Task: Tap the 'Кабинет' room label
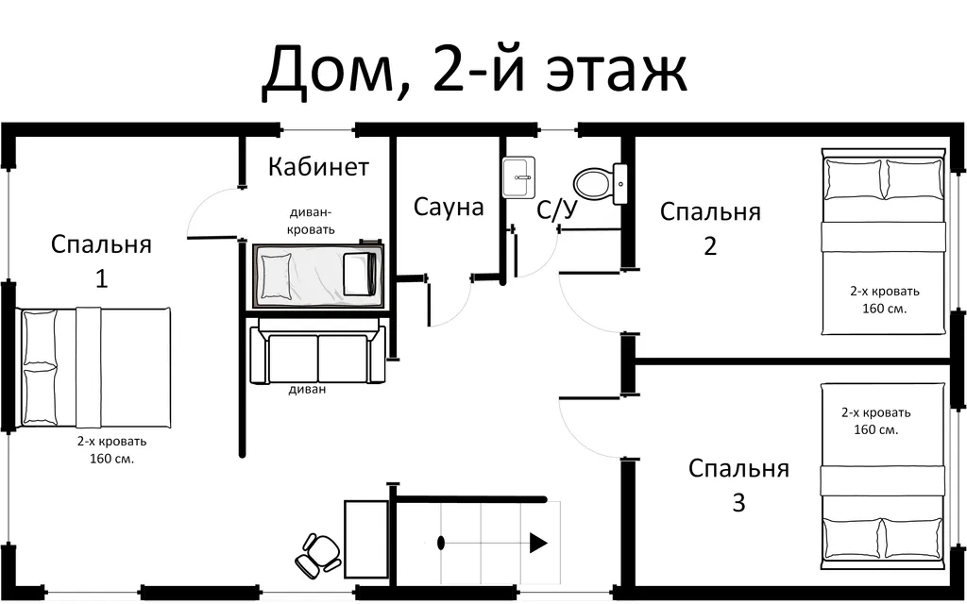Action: click(318, 167)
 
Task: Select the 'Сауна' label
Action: click(449, 207)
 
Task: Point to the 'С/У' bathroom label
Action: click(556, 210)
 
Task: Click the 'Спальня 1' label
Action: click(101, 261)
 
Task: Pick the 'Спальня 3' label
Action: click(738, 485)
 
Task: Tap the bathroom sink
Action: click(518, 177)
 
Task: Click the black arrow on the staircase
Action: click(538, 543)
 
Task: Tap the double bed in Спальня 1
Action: click(94, 367)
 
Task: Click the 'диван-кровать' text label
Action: click(311, 222)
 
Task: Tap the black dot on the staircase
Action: click(441, 543)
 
